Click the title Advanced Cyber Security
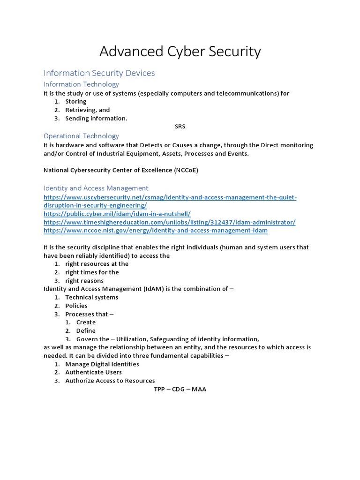[180, 52]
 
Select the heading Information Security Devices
[99, 73]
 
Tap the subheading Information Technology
[81, 84]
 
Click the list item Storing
[75, 102]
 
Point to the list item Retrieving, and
[87, 110]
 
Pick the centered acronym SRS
[180, 127]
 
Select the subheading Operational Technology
[81, 136]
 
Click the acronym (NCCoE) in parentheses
[183, 170]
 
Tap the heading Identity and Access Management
[96, 188]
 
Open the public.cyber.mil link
[117, 214]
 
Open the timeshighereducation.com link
[169, 222]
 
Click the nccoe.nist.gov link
[155, 231]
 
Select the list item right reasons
[84, 281]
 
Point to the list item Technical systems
[91, 297]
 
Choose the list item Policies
[76, 306]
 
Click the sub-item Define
[86, 330]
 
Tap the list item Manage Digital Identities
[102, 364]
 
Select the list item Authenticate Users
[93, 372]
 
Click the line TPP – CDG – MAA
[180, 389]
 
